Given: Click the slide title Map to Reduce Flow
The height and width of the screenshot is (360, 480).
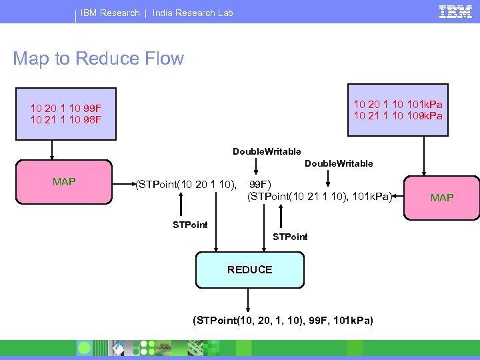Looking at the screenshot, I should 98,59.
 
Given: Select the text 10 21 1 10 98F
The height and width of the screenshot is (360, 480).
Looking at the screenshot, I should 65,119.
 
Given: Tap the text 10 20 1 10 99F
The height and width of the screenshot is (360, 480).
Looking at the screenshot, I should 65,108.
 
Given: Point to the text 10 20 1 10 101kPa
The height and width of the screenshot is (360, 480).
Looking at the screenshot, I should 397,104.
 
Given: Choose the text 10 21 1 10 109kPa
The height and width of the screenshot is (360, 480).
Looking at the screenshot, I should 397,115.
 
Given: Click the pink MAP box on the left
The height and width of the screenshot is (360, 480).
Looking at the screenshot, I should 64,181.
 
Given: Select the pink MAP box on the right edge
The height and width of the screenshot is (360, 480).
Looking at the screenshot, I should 442,197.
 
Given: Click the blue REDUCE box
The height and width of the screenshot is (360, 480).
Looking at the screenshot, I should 249,269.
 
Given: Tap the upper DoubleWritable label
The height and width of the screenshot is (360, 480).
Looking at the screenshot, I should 267,152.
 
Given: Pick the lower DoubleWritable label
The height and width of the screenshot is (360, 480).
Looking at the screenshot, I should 339,163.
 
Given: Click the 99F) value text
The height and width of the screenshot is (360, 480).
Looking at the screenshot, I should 261,184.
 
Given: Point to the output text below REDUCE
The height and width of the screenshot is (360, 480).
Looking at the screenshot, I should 283,321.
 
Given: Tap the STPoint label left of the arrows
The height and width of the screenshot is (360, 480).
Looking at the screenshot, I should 190,225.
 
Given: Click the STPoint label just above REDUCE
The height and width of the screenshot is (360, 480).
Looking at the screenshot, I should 291,237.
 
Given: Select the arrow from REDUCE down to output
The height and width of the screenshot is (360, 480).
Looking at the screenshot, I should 249,298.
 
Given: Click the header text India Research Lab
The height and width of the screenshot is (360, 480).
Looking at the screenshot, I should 193,13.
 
